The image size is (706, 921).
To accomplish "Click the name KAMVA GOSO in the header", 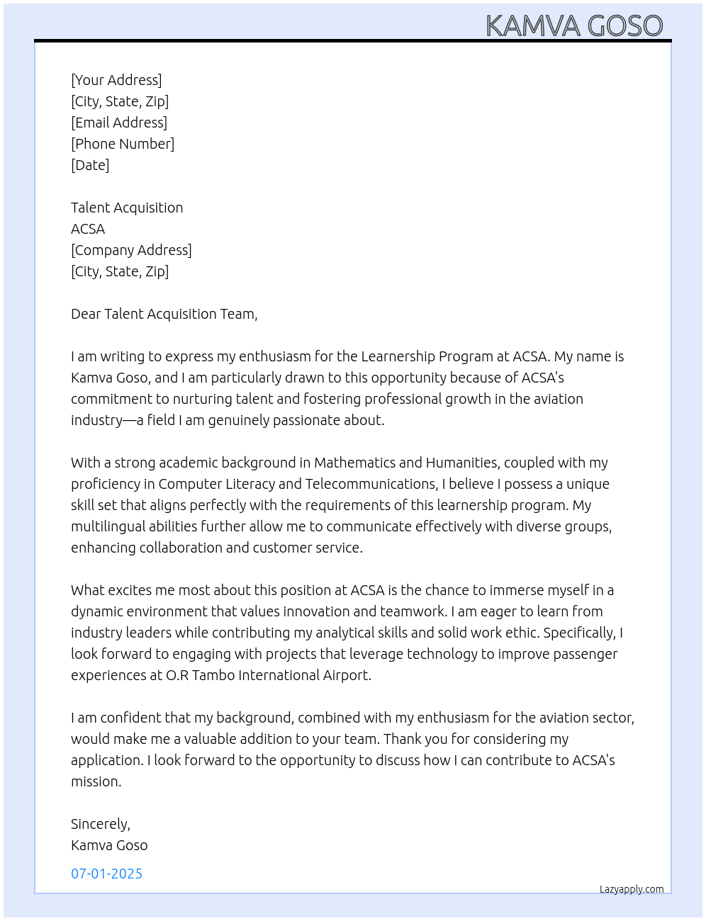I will (x=574, y=26).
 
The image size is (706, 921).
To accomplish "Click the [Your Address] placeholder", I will (x=116, y=80).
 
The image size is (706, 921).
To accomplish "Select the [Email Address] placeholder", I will (x=119, y=123).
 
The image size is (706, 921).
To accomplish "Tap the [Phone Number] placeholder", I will (x=123, y=144).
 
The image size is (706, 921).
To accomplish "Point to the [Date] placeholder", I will (x=90, y=165).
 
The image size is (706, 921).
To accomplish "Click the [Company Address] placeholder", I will (x=131, y=250).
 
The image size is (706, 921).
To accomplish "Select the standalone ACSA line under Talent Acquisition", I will (x=88, y=229).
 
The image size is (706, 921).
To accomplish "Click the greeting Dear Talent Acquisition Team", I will (x=164, y=314).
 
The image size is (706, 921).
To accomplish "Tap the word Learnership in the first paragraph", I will (x=398, y=356).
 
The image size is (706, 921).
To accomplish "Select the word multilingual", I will (x=108, y=526).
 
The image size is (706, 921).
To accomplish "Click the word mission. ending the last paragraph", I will (x=96, y=781).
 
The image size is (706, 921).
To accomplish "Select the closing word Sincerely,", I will (x=101, y=824).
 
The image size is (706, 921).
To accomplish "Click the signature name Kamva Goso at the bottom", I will (x=109, y=845).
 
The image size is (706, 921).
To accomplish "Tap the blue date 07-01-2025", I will (x=106, y=874).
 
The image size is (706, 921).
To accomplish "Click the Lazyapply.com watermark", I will (x=632, y=889).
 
